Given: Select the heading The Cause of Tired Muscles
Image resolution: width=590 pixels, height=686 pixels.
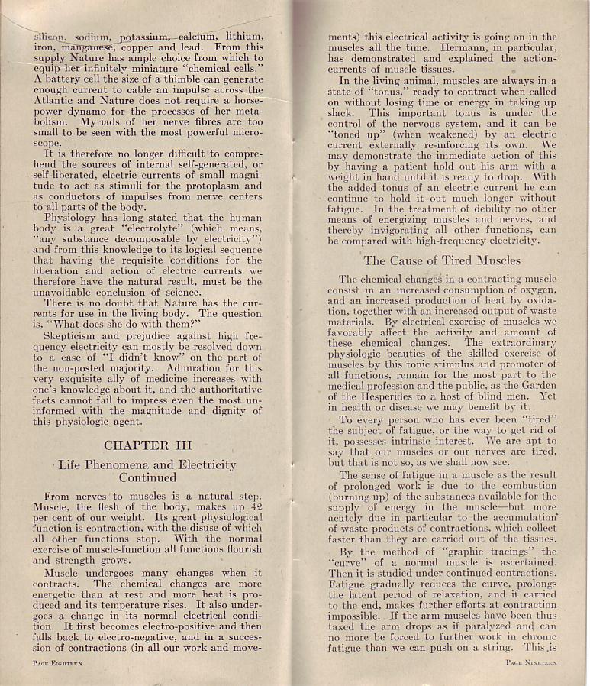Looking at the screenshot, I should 442,260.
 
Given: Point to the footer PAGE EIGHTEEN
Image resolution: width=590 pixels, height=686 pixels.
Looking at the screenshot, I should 58,663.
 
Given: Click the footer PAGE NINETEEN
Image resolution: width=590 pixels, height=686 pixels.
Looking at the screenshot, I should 531,662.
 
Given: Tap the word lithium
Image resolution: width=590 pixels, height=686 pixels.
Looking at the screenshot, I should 243,36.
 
